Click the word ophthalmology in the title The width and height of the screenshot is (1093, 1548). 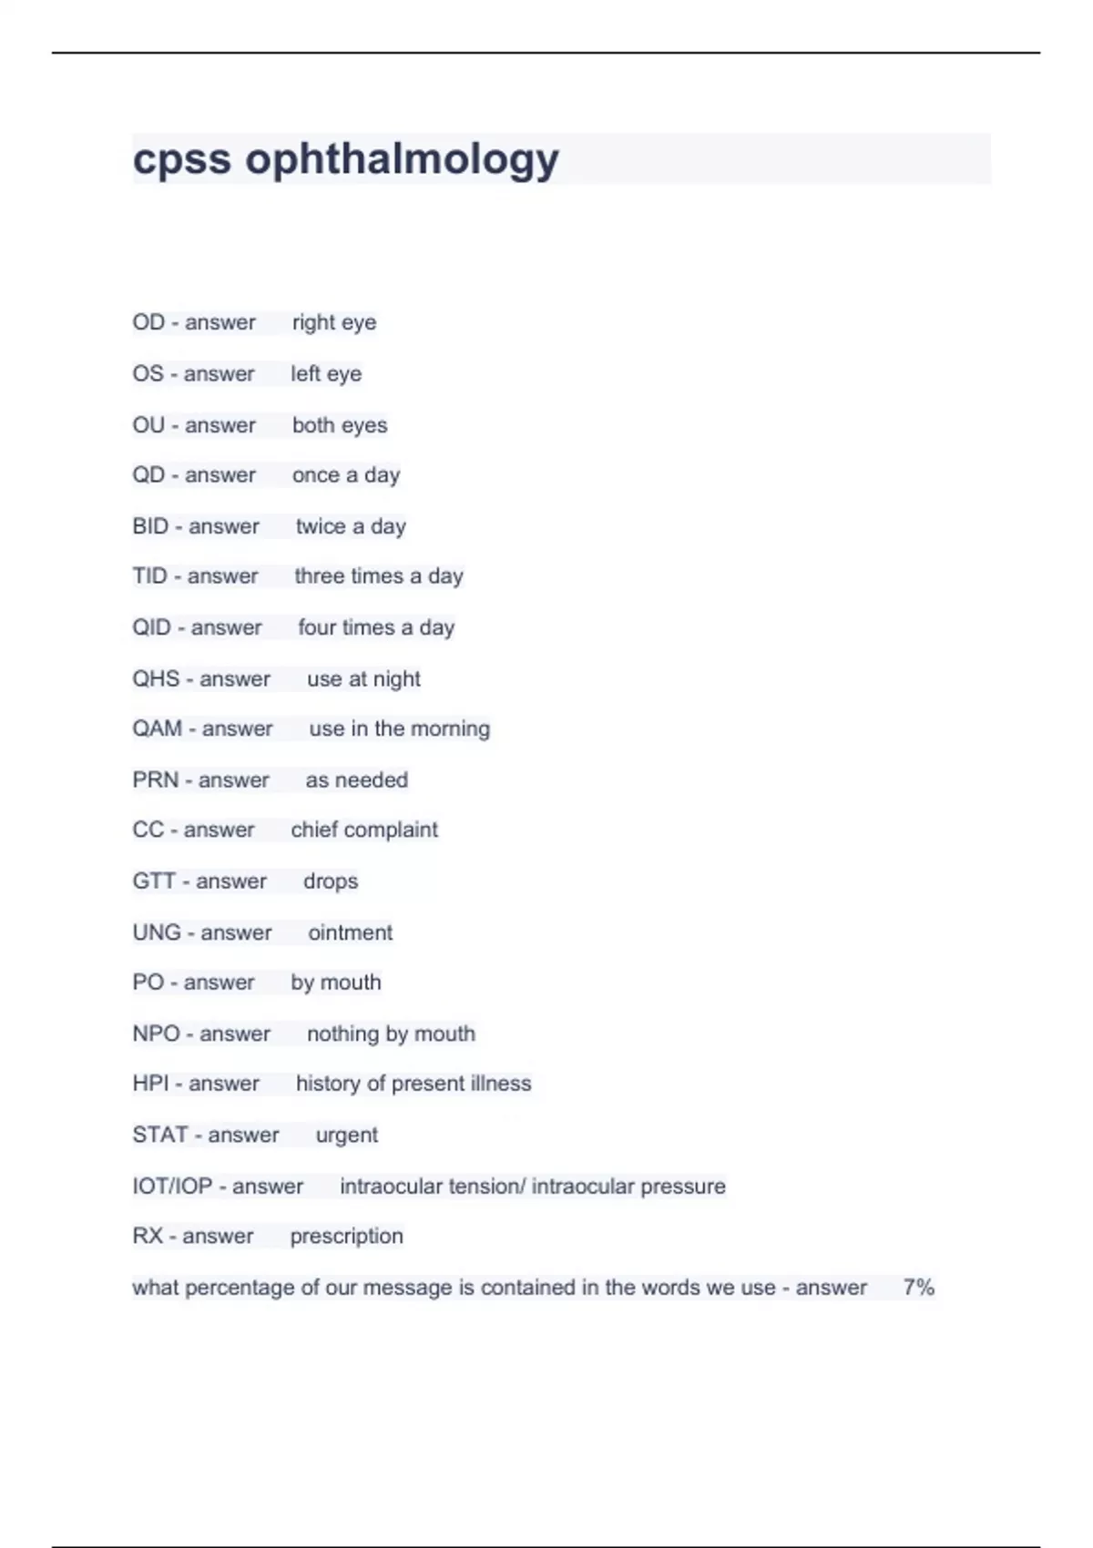(402, 159)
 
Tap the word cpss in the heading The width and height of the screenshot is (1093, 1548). (181, 159)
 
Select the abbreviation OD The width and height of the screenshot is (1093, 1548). (148, 322)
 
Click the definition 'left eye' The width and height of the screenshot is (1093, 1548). (326, 373)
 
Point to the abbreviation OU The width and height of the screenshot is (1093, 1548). (148, 425)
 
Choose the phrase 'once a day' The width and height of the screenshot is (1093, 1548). (346, 475)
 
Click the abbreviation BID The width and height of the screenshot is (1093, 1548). (150, 526)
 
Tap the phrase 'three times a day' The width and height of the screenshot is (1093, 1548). (379, 576)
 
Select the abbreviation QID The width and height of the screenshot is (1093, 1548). (151, 627)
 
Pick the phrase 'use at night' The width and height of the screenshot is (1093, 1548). (363, 679)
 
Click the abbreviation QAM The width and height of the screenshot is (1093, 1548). (158, 728)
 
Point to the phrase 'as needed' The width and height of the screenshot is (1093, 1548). (356, 780)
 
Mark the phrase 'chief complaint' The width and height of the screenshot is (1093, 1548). (364, 830)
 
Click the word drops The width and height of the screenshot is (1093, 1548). (331, 881)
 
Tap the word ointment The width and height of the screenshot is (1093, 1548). (350, 932)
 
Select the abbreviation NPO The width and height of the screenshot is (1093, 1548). (156, 1034)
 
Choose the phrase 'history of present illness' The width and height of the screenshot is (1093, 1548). (414, 1084)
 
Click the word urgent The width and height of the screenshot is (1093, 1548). (346, 1136)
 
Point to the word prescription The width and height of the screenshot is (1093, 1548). (346, 1237)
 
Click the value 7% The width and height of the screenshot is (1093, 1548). (919, 1288)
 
